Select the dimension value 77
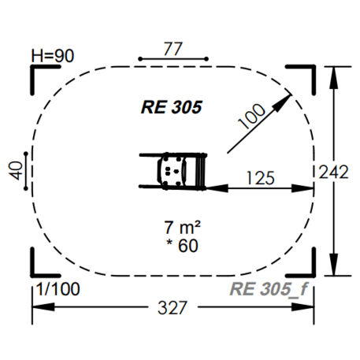173,48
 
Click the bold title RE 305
172,107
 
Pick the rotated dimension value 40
16,170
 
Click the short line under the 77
173,59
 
